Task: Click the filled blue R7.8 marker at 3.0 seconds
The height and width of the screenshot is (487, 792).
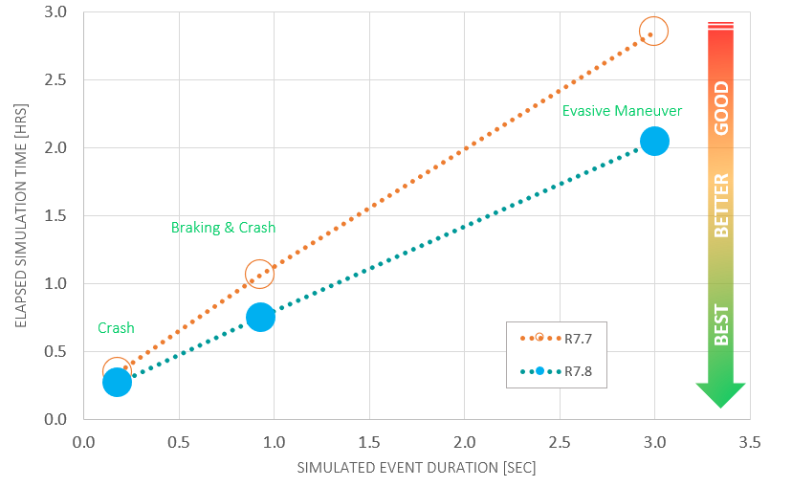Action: click(654, 141)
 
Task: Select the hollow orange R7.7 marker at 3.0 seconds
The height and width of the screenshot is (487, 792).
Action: click(653, 31)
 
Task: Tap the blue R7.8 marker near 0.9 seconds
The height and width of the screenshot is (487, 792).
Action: click(259, 317)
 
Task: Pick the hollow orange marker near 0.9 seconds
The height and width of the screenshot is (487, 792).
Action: click(259, 275)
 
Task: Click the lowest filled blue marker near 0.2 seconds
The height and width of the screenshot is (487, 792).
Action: click(117, 382)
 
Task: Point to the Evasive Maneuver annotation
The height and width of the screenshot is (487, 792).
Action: click(622, 111)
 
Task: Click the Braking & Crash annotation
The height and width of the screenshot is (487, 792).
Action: click(223, 228)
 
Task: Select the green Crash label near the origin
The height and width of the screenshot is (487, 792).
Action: click(116, 328)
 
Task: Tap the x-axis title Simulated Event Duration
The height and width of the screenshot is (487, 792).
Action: click(416, 468)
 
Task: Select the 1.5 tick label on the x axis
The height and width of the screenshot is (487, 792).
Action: click(369, 443)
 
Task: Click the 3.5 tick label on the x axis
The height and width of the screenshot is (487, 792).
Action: click(750, 443)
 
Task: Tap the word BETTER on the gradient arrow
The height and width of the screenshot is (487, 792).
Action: click(721, 205)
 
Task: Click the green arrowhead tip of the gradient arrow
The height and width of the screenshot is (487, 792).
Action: click(720, 404)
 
